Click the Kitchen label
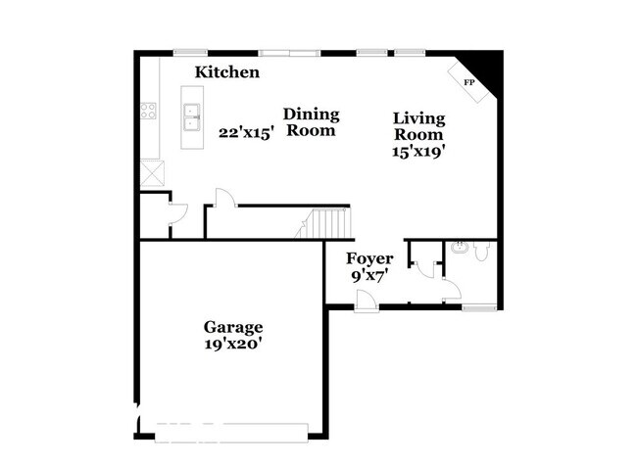tap(226, 71)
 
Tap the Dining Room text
tap(312, 122)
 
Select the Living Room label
tap(418, 126)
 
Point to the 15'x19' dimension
tap(418, 152)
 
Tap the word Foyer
tap(369, 258)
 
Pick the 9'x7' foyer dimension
tap(369, 276)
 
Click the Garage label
tap(232, 327)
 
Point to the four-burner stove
tap(149, 112)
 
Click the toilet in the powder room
tap(480, 252)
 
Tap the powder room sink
tap(459, 246)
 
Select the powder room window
tap(478, 308)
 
